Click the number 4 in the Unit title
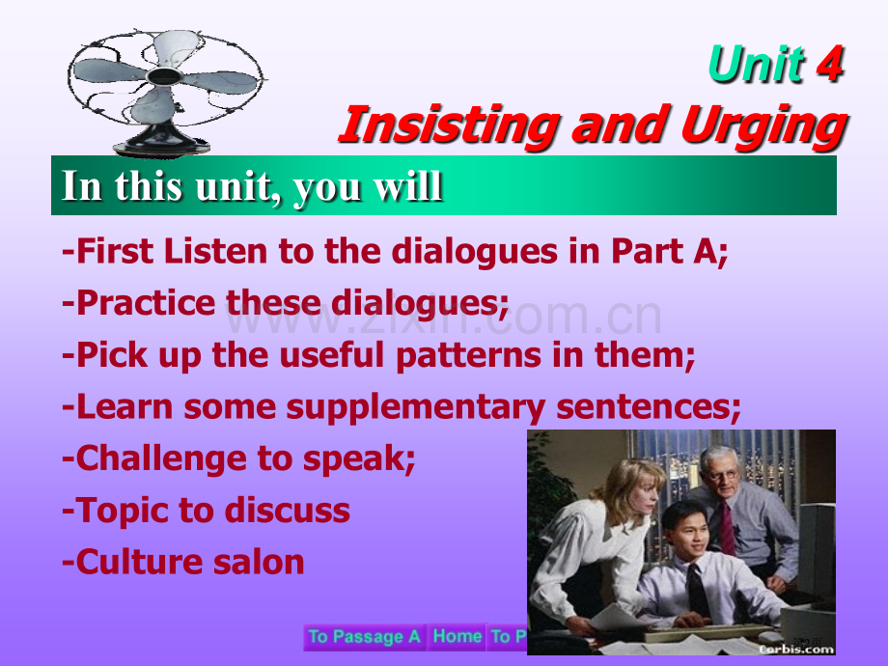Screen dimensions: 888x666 coord(830,64)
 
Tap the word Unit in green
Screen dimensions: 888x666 coord(757,64)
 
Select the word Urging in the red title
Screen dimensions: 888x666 coord(764,126)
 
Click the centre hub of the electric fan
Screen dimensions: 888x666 coord(164,75)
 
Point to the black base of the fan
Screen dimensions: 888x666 coord(161,142)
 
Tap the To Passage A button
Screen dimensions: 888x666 coord(365,636)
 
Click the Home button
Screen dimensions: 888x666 coord(457,636)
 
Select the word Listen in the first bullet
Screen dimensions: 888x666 coord(216,251)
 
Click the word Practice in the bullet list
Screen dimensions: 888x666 coord(146,303)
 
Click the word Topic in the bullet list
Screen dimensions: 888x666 coord(122,511)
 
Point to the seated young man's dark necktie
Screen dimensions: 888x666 coord(697,590)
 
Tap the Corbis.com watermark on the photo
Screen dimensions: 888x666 coord(795,649)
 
